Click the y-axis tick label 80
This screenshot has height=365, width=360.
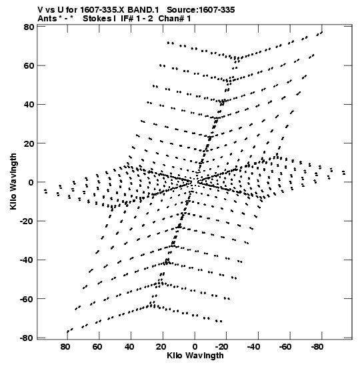[x=29, y=27]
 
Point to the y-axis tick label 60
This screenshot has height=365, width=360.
[x=29, y=66]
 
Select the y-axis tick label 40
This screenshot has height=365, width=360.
[x=29, y=105]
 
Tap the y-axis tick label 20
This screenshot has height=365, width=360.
[x=29, y=143]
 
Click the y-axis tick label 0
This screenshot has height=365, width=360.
[x=31, y=182]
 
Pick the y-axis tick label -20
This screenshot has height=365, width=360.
[x=27, y=221]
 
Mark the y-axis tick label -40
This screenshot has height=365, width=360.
[x=27, y=260]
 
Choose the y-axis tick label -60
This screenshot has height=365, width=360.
[x=27, y=299]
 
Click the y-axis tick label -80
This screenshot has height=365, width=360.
[x=27, y=338]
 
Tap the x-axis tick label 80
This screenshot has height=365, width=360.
[x=65, y=347]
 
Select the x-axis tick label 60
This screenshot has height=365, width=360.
[x=97, y=347]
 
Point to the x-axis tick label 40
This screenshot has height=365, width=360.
[x=129, y=347]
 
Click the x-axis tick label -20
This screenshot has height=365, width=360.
[x=222, y=347]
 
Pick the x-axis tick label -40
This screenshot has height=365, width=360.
[x=254, y=347]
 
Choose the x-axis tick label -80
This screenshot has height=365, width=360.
[x=317, y=347]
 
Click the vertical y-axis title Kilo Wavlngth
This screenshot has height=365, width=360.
[x=13, y=181]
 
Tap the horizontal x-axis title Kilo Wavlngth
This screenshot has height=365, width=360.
[x=195, y=356]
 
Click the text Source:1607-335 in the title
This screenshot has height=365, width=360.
[x=201, y=10]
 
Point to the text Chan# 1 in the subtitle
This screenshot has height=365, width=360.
[x=175, y=18]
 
